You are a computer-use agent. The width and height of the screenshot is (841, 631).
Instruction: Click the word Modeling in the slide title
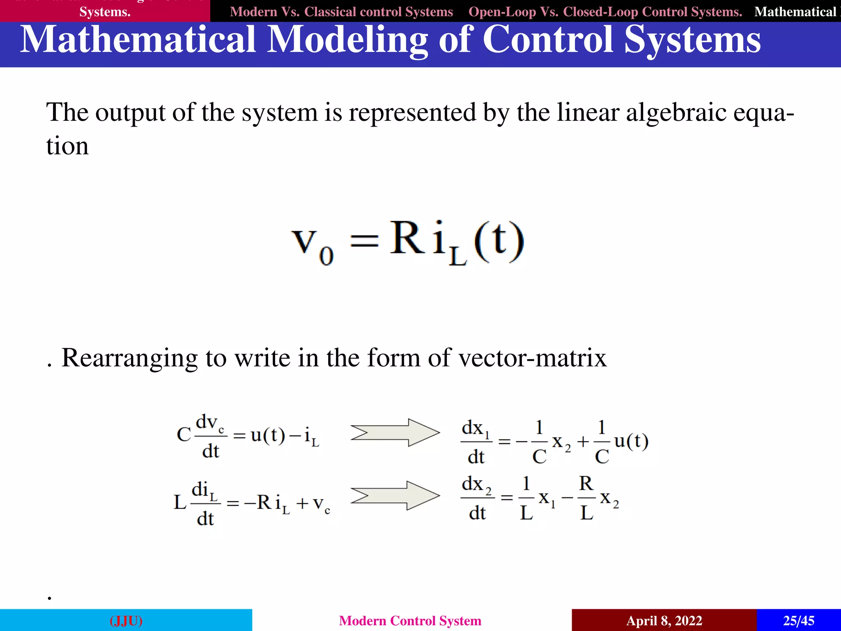pos(347,40)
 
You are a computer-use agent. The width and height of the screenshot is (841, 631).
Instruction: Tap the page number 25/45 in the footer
pos(798,620)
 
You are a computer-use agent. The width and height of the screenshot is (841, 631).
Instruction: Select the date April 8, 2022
pos(664,620)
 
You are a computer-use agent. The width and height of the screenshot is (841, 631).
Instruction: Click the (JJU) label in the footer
pos(126,620)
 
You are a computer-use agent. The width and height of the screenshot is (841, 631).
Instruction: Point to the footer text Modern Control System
pos(410,620)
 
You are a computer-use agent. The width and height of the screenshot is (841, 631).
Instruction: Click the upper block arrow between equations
pos(395,433)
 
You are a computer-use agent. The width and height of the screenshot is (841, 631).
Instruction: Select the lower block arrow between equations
pos(395,495)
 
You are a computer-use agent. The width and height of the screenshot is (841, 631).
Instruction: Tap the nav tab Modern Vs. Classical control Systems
pos(341,12)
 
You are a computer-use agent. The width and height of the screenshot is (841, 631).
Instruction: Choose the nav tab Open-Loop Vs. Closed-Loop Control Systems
pos(605,12)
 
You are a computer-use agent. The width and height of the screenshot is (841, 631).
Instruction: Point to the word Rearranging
pos(129,358)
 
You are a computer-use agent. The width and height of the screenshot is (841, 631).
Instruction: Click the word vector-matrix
pos(532,358)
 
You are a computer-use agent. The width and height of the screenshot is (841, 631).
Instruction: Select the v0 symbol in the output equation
pos(313,245)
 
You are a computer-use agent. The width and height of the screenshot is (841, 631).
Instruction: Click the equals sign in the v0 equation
pos(364,241)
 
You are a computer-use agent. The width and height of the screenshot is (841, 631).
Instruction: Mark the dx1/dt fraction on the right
pos(476,442)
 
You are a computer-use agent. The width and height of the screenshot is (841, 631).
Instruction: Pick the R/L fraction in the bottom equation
pos(586,498)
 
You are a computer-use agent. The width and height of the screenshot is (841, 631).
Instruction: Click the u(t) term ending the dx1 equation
pos(631,441)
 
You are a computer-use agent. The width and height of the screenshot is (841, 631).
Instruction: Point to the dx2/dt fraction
pos(477,498)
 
